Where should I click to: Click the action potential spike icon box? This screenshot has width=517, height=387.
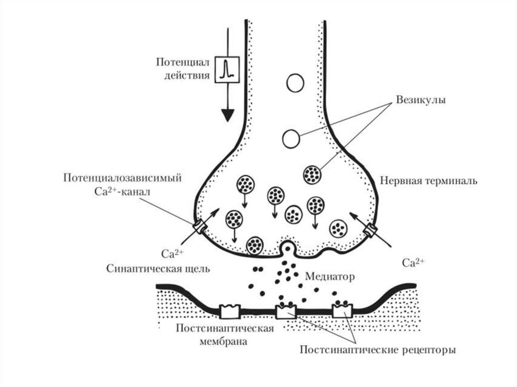[226, 69]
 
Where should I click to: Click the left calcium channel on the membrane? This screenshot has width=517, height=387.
[199, 228]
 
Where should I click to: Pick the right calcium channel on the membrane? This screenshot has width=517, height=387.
[371, 231]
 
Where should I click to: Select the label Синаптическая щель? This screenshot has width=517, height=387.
[159, 268]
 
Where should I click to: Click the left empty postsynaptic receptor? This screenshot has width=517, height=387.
[230, 311]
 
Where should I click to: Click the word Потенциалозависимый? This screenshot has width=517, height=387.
[123, 178]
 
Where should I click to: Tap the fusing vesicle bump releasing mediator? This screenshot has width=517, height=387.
[288, 248]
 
